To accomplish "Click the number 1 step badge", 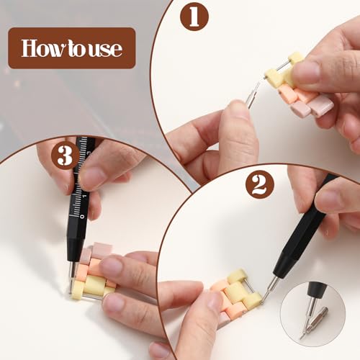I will [x=194, y=16].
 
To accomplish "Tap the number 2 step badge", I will [x=259, y=184].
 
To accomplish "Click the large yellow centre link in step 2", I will [x=236, y=292].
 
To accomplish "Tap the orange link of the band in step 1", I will [x=288, y=94].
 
